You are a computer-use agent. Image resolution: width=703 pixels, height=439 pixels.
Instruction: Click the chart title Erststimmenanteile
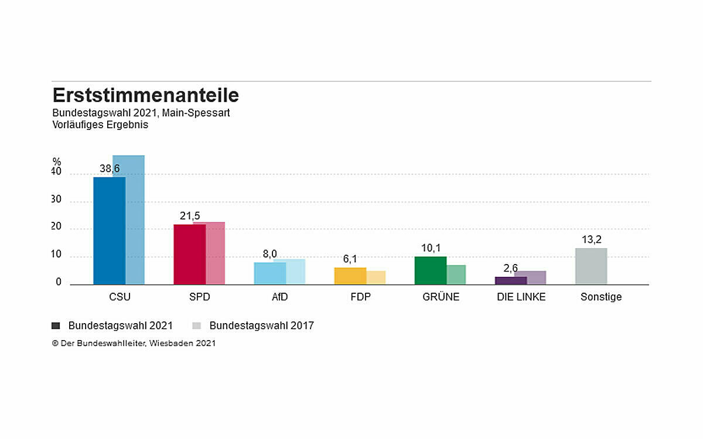(146, 95)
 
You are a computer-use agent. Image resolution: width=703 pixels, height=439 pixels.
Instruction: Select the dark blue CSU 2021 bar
(109, 231)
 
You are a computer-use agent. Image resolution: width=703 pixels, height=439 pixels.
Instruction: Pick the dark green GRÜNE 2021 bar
(430, 270)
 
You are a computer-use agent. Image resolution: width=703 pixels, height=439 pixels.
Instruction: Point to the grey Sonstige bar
(591, 266)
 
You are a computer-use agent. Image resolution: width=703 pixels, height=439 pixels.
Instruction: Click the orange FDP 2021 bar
(350, 276)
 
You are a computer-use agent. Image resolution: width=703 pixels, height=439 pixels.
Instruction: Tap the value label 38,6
(110, 169)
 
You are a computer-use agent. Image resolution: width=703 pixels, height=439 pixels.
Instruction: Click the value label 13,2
(591, 239)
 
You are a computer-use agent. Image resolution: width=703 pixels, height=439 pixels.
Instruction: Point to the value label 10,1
(431, 248)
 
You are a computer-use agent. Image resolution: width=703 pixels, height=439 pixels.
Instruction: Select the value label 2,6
(510, 268)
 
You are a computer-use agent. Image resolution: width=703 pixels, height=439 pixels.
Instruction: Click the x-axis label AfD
(279, 297)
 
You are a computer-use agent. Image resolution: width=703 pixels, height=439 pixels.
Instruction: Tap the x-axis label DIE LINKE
(521, 297)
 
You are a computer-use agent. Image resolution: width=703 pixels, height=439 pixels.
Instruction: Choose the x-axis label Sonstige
(601, 297)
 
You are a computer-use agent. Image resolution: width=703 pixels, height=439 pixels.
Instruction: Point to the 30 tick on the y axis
(56, 200)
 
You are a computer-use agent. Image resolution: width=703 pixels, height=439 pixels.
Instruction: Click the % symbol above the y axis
(56, 162)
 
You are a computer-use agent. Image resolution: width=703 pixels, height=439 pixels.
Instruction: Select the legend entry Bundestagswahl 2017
(261, 325)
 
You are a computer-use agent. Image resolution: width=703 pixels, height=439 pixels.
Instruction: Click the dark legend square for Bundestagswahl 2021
(56, 325)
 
